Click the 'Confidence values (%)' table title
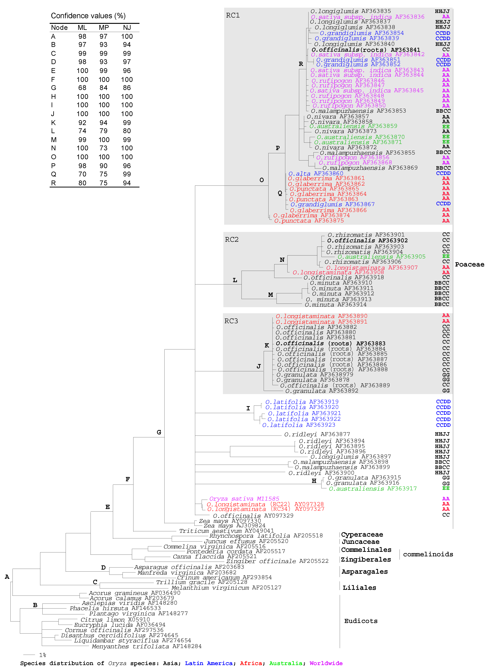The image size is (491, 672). click(88, 16)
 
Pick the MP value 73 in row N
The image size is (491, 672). click(103, 148)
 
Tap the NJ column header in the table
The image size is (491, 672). click(127, 28)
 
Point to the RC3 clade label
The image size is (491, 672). click(231, 321)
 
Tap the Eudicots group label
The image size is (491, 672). click(361, 621)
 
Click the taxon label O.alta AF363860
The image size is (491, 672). click(316, 173)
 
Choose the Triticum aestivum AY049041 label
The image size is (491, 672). click(226, 531)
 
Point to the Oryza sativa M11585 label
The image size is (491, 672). click(244, 499)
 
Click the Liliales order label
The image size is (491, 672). click(359, 588)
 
